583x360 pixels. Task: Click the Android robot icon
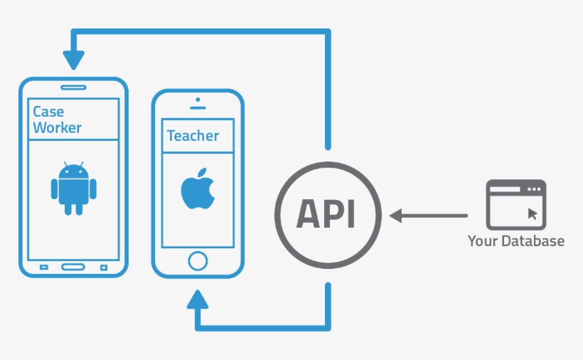[x=74, y=189]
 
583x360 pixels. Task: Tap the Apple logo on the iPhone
[x=197, y=189]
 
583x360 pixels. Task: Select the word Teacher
[x=193, y=135]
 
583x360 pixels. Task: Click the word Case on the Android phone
[x=48, y=112]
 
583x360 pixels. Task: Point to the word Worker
[x=57, y=128]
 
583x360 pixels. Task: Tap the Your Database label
[x=515, y=241]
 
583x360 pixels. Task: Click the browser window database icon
[x=516, y=203]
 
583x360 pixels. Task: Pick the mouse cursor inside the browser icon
[x=533, y=213]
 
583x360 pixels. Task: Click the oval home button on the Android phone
[x=73, y=267]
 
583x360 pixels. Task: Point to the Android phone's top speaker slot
[x=73, y=88]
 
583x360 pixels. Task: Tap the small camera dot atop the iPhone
[x=198, y=100]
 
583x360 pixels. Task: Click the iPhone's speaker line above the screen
[x=198, y=107]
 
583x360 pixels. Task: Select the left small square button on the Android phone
[x=43, y=268]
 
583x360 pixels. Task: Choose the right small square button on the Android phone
[x=104, y=268]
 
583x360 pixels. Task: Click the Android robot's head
[x=74, y=171]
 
